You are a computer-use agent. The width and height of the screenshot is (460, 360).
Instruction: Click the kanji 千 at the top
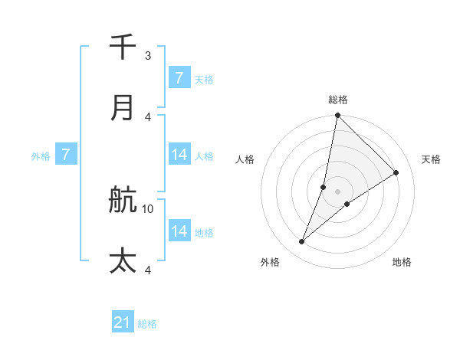(123, 47)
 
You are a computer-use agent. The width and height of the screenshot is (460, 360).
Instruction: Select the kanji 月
(123, 108)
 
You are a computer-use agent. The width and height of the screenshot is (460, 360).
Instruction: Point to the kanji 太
(123, 261)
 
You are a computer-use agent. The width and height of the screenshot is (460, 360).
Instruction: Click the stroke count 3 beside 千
(148, 55)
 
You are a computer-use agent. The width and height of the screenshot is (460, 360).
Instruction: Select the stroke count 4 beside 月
(148, 116)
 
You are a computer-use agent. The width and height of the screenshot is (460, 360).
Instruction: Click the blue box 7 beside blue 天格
(179, 78)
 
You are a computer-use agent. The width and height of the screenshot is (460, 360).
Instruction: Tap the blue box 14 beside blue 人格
(179, 155)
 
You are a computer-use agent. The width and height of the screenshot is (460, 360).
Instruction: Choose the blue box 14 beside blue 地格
(179, 231)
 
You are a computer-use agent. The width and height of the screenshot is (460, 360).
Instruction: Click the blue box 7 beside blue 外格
(66, 155)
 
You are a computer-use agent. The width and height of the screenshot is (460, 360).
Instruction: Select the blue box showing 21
(123, 322)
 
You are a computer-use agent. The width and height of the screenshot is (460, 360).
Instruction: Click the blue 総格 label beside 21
(147, 324)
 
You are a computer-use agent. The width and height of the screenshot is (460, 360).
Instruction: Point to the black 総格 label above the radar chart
(337, 100)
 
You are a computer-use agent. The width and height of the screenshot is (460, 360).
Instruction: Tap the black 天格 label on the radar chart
(432, 159)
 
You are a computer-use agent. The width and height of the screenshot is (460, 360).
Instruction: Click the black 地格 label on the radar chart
(402, 263)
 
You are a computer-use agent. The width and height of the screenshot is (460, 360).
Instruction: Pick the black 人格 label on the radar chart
(245, 159)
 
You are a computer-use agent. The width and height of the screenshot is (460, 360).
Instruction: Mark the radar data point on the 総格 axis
(337, 116)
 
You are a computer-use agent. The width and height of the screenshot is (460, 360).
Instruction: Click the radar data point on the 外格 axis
(302, 242)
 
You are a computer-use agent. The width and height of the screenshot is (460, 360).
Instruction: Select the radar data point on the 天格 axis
(396, 173)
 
